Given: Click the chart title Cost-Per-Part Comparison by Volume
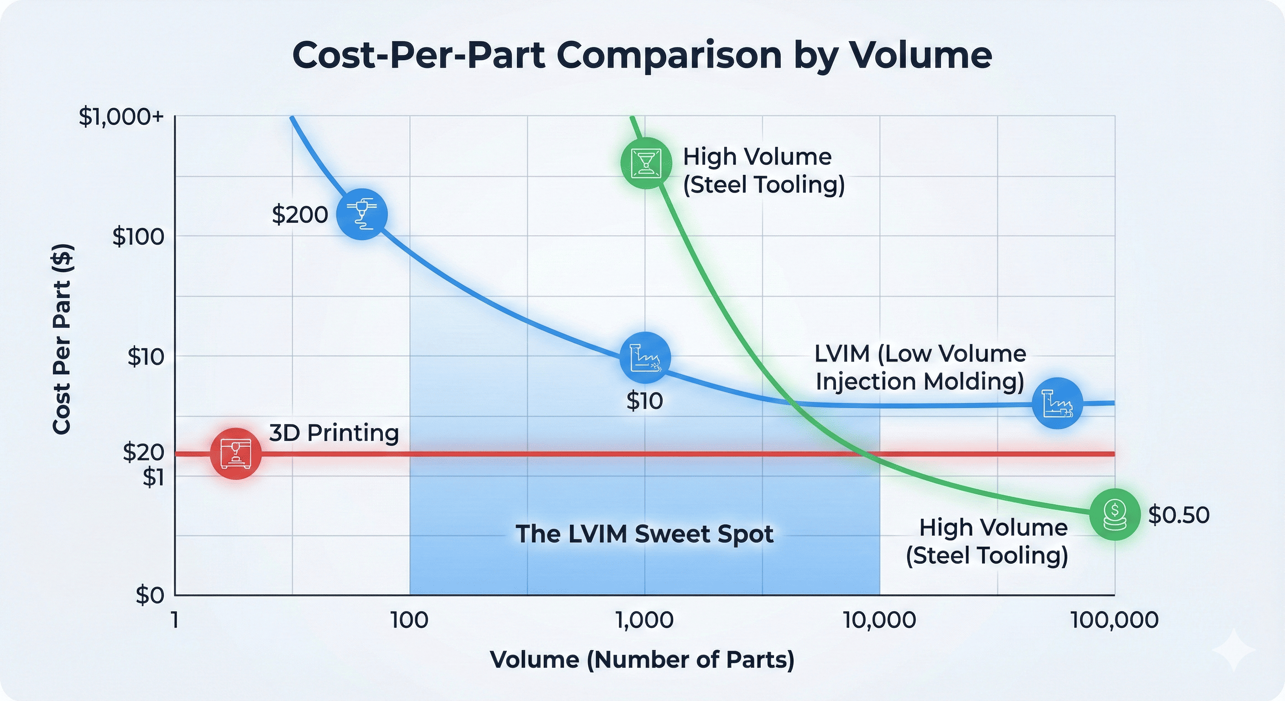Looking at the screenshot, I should pos(642,55).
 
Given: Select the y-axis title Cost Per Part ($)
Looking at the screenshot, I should pos(63,339).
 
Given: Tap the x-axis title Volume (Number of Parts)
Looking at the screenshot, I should pos(642,659).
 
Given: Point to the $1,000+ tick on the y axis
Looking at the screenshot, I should pos(121,117).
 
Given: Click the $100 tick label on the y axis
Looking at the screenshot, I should pos(138,236).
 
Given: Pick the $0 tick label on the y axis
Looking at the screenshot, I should pos(150,595).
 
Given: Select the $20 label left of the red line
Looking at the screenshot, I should pos(144,452).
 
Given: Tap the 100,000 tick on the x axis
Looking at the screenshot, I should pos(1114,620).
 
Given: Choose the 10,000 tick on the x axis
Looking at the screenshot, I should pos(879,620).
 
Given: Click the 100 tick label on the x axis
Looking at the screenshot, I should pos(409,620).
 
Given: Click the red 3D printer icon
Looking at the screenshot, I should pos(236,454).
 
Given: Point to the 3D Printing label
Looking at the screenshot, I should pos(334,433).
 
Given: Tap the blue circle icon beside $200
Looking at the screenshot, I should pos(362,214).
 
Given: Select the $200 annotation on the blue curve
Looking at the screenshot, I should pos(300,214).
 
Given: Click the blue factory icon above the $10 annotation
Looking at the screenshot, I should pos(645,358).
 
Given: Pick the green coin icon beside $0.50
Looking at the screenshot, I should pos(1114,514).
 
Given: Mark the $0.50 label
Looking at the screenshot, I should pos(1179,515).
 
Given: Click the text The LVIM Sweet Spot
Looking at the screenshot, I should pos(644,534).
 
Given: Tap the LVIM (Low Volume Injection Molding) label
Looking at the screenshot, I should pos(920,367).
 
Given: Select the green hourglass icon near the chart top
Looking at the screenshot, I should pos(646,163).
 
